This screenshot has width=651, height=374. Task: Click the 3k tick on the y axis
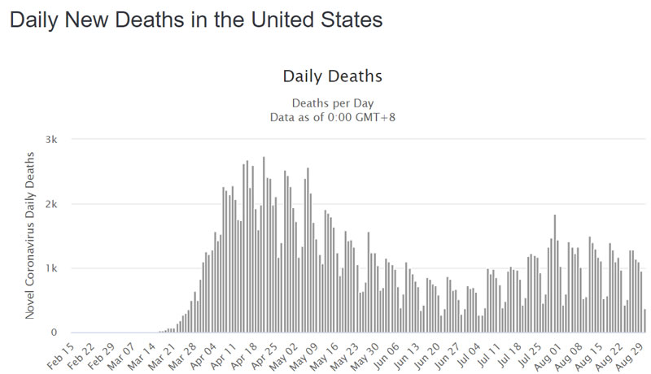click(50, 140)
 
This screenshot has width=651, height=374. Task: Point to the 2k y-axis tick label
click(50, 204)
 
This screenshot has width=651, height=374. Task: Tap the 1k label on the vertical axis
click(50, 268)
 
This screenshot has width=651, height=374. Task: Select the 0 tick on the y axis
click(54, 333)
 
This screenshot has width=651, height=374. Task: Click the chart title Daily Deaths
click(332, 76)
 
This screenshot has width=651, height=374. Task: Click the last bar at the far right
click(644, 321)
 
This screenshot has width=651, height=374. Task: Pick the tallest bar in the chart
click(264, 244)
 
